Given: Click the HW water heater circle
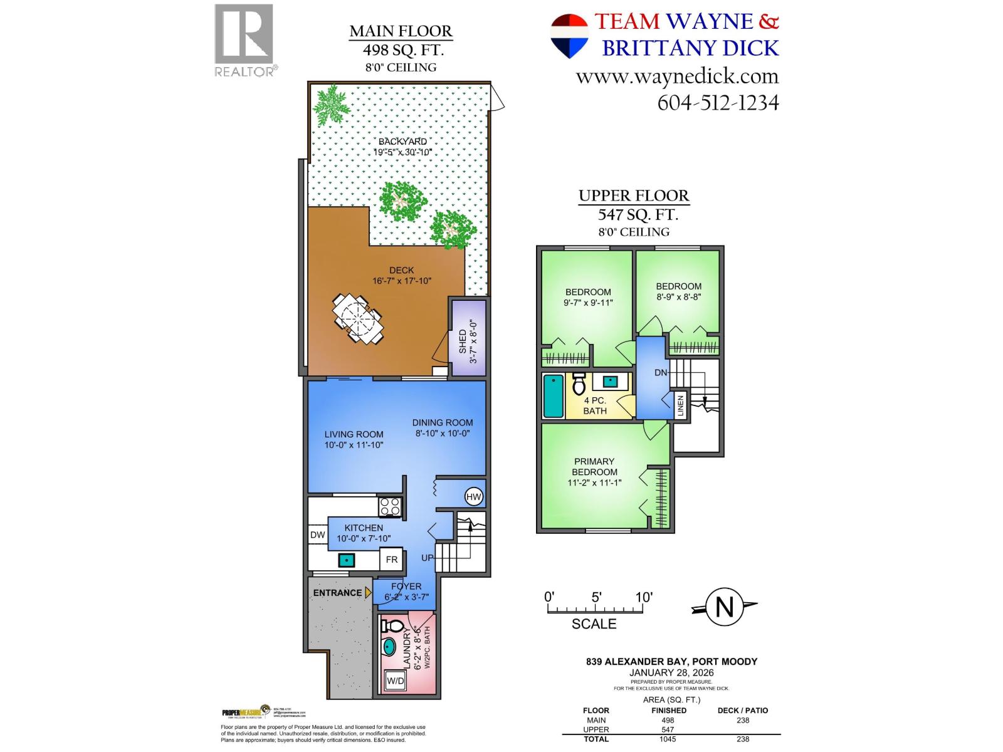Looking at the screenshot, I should [474, 497].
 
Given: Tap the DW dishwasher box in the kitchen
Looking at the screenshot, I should [318, 535].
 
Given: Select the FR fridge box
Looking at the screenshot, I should [391, 560].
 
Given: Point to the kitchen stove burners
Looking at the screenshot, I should [390, 506].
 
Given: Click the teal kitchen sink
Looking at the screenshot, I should [345, 560].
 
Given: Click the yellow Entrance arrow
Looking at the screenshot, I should [369, 592].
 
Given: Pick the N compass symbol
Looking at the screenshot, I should [724, 607].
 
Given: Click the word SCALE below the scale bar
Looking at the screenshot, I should [594, 624].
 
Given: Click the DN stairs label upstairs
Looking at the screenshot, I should [661, 372].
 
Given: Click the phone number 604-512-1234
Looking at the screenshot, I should [718, 102].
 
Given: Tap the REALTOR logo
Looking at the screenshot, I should [244, 41].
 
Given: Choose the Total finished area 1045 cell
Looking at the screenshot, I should [668, 739].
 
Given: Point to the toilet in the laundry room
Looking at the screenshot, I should [392, 626].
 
